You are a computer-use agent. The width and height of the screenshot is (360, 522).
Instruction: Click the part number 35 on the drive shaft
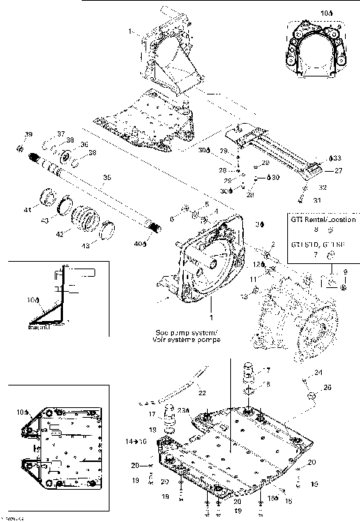pyautogui.click(x=106, y=178)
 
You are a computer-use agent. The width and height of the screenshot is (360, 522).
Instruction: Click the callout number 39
pyautogui.click(x=28, y=134)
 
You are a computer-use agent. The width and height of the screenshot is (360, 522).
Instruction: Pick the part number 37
pyautogui.click(x=61, y=133)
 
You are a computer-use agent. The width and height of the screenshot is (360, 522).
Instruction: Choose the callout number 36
pyautogui.click(x=84, y=145)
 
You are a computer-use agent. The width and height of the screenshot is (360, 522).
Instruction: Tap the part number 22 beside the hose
pyautogui.click(x=202, y=394)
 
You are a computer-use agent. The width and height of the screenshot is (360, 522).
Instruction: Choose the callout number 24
pyautogui.click(x=317, y=373)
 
